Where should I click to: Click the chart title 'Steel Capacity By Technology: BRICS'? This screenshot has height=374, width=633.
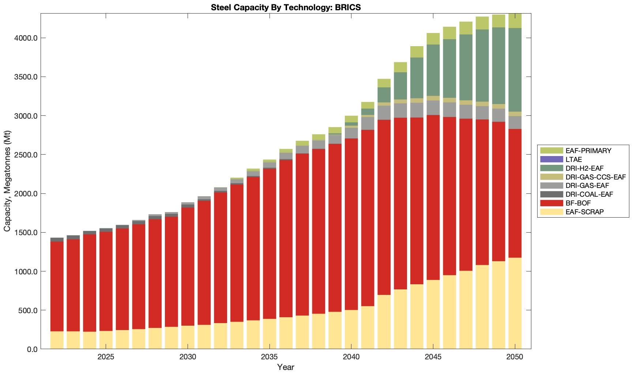click(x=286, y=7)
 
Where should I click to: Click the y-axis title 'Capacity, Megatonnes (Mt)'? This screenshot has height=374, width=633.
click(x=7, y=181)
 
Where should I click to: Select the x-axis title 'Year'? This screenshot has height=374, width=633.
click(x=286, y=367)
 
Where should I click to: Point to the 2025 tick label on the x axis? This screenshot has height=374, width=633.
click(x=106, y=357)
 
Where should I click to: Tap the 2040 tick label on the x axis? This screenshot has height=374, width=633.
click(x=351, y=357)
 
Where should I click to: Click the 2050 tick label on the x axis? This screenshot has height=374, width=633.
click(x=515, y=357)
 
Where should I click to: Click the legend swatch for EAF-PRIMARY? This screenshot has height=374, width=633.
click(x=551, y=151)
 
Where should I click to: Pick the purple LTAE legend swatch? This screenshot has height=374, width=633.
click(x=551, y=159)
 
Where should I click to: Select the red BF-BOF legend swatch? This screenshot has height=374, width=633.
click(x=551, y=203)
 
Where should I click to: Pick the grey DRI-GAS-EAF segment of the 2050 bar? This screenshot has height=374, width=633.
click(x=515, y=123)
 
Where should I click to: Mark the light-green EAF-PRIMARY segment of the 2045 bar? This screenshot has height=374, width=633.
click(x=433, y=39)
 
